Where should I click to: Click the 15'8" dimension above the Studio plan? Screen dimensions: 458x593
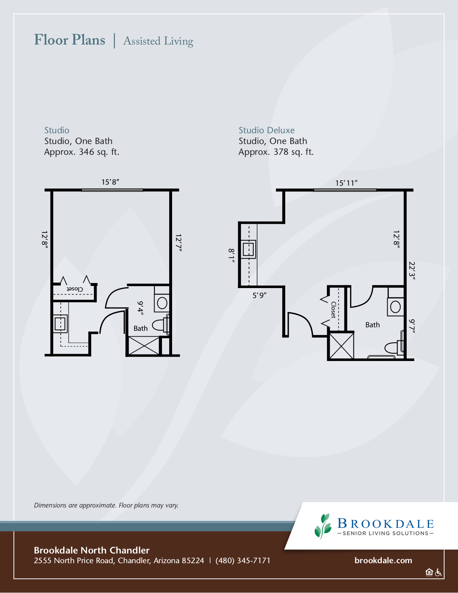110,182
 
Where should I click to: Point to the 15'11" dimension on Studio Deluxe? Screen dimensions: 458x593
346,183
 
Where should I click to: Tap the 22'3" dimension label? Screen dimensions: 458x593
412,271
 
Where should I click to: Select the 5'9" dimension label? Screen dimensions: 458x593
259,295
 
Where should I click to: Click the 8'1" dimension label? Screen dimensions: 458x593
231,256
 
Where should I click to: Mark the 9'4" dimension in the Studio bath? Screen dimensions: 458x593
140,309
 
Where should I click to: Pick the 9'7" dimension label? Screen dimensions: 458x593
412,326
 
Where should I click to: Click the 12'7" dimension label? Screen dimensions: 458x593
179,242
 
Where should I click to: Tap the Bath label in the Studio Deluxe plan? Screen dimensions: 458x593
373,325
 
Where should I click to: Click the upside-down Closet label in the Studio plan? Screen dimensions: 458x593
75,289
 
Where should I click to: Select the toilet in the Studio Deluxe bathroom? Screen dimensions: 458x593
394,347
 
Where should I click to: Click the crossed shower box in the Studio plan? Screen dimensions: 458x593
144,346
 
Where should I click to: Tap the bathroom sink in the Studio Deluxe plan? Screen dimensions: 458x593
395,307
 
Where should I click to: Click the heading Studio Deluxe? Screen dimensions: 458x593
267,130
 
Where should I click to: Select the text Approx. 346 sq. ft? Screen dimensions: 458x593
82,152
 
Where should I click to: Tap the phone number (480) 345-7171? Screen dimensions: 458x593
243,561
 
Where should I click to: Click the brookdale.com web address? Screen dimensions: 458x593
383,560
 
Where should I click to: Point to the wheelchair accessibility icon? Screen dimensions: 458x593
438,572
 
